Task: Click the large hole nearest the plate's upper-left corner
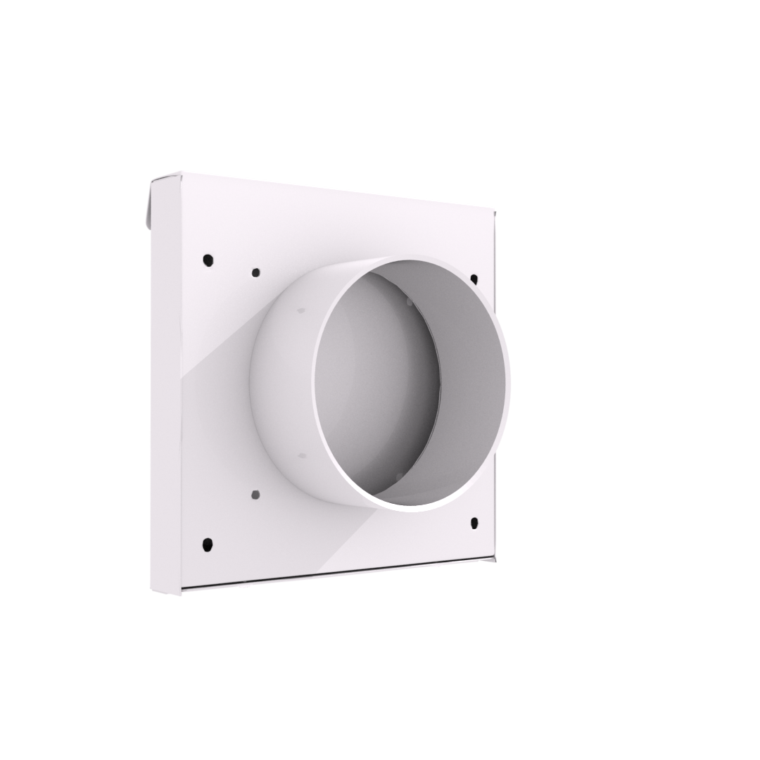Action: coord(208,260)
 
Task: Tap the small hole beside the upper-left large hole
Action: coord(255,272)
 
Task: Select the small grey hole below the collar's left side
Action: coord(255,495)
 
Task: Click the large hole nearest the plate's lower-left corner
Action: coord(208,543)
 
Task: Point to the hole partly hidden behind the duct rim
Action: coord(474,279)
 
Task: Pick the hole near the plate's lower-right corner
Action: coord(474,523)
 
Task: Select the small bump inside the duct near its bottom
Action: coord(398,478)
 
